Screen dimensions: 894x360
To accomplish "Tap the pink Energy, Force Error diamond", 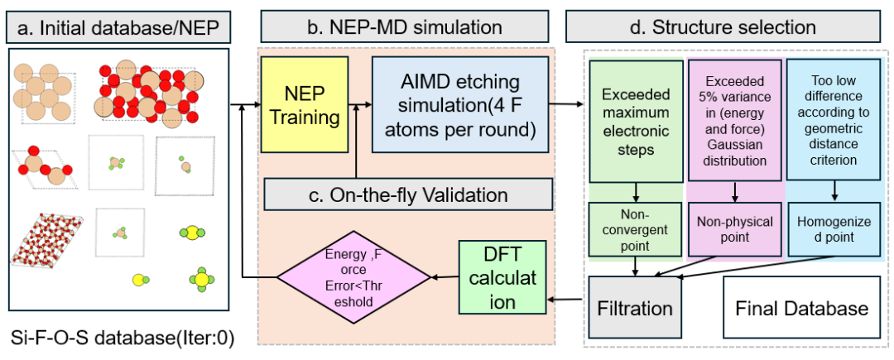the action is (353, 277).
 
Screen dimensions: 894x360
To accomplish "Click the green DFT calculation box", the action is (502, 277).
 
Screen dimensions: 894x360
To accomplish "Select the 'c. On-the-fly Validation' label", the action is (408, 194).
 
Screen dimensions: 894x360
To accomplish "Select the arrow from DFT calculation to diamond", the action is (445, 277).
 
